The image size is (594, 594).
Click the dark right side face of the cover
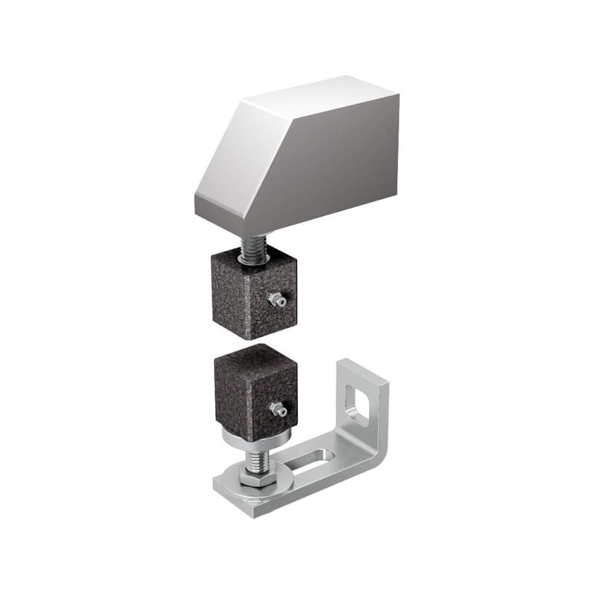point(334,163)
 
